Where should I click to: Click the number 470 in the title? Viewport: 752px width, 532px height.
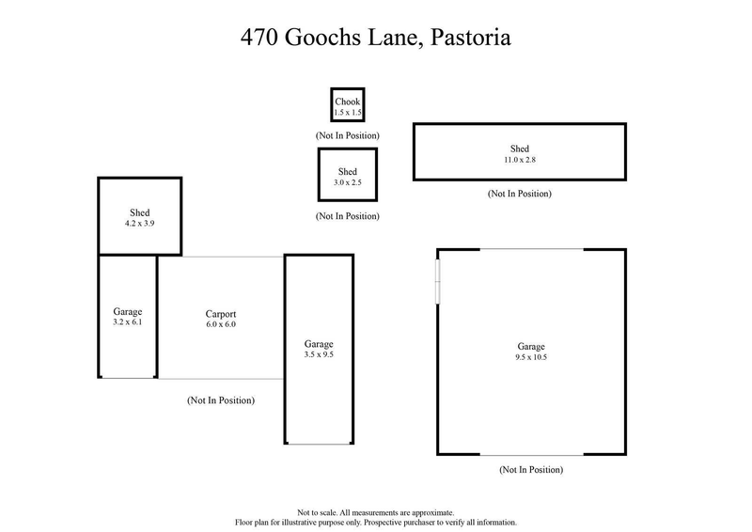click(x=259, y=39)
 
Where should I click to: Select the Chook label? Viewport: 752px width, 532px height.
click(x=347, y=102)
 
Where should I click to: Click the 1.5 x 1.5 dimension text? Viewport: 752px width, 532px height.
click(x=347, y=113)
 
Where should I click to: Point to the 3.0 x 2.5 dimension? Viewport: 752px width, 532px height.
click(x=347, y=182)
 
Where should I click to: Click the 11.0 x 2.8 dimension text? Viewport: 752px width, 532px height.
click(x=519, y=160)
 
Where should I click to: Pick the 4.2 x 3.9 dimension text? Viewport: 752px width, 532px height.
click(x=140, y=225)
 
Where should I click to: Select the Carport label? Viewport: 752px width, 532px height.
click(x=220, y=314)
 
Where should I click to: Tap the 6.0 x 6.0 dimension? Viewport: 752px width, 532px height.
click(x=220, y=324)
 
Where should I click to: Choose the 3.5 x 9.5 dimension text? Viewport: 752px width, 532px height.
click(x=319, y=355)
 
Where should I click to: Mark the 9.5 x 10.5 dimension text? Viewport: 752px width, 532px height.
click(x=531, y=357)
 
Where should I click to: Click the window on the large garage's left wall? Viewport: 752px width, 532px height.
click(x=437, y=281)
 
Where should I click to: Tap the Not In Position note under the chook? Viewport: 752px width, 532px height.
click(x=347, y=136)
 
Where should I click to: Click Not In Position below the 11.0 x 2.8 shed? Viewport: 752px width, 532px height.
click(x=519, y=194)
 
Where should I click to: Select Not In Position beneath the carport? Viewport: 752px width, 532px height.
click(x=220, y=400)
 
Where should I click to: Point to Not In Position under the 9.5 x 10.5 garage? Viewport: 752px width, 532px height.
click(x=531, y=469)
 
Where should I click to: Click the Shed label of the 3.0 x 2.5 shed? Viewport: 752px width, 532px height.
click(x=347, y=172)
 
